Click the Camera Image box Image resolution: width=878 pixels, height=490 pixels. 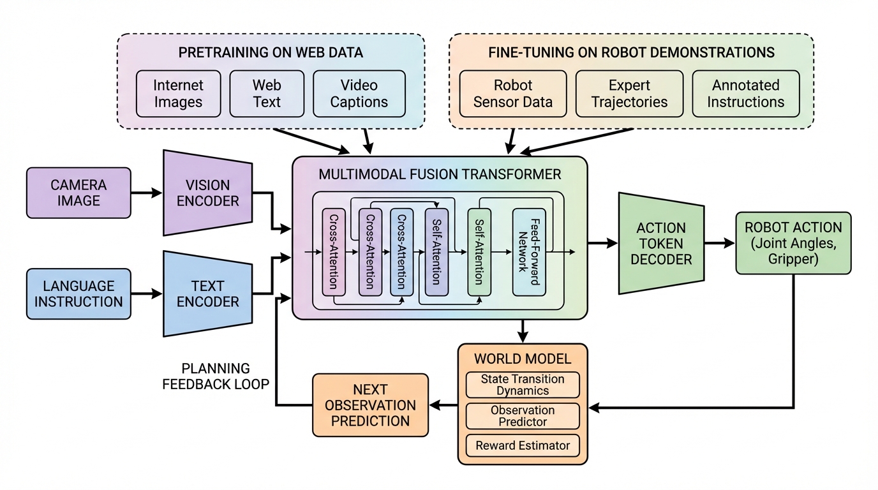click(78, 193)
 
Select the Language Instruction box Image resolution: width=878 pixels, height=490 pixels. click(78, 294)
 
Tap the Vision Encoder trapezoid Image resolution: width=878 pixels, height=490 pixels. click(207, 193)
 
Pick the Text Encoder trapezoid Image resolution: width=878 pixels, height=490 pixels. click(207, 293)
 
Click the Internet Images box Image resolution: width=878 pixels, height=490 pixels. click(178, 94)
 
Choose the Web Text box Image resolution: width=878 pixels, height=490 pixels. click(267, 94)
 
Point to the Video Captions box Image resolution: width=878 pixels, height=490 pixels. click(359, 94)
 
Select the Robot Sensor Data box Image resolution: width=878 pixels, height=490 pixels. click(512, 94)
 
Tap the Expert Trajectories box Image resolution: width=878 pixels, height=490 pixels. click(629, 94)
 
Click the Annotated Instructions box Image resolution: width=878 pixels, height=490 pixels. click(745, 94)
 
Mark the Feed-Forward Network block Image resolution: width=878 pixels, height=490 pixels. click(530, 252)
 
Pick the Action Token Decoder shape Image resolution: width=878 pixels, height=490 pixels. click(661, 243)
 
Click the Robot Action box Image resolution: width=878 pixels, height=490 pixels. click(793, 243)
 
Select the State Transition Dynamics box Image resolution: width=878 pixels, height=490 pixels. click(523, 385)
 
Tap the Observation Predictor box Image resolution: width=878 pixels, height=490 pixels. click(523, 416)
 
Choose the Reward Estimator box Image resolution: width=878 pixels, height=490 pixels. click(523, 445)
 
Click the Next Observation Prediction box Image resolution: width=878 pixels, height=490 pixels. click(370, 405)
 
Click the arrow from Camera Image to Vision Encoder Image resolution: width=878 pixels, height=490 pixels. click(147, 193)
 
